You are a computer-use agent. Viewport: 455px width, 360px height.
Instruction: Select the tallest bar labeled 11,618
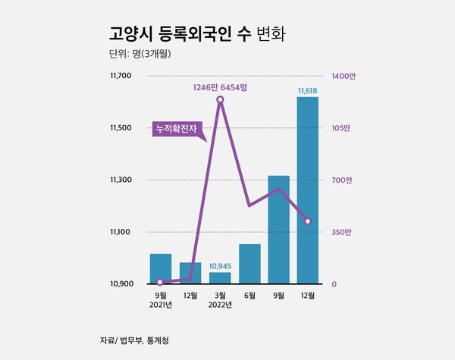click(308, 189)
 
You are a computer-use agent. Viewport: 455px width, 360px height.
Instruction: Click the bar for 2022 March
click(219, 278)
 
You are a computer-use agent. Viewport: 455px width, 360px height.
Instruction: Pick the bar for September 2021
click(160, 268)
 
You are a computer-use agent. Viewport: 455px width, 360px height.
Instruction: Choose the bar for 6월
click(249, 264)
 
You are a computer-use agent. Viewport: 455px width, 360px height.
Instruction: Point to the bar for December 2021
click(190, 273)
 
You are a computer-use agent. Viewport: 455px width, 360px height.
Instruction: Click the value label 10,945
click(219, 266)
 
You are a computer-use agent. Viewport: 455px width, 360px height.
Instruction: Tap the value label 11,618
click(308, 91)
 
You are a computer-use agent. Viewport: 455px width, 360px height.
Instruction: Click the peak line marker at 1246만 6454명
click(220, 99)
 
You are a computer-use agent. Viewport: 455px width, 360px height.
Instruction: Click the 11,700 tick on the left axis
click(121, 76)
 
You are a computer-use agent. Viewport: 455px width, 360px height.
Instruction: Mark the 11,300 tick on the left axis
click(121, 180)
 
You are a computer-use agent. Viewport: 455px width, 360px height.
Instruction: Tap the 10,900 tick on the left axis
click(121, 284)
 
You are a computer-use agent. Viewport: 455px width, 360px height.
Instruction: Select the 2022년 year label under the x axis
click(220, 305)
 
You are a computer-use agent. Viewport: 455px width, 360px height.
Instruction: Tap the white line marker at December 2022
click(308, 221)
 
